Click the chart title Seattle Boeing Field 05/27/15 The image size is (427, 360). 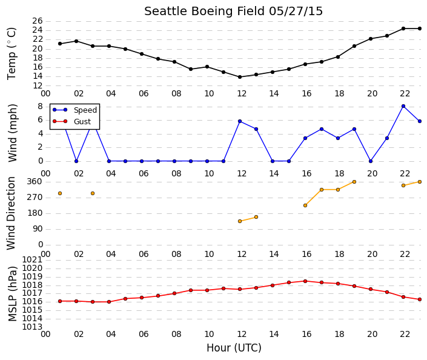click(x=233, y=12)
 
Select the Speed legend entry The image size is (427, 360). click(x=74, y=110)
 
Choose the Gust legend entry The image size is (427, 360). click(x=71, y=121)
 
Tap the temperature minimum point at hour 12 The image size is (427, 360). click(x=240, y=77)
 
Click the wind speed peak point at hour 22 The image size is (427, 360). click(x=403, y=106)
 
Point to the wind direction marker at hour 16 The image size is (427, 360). click(x=305, y=205)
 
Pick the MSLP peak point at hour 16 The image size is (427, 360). click(x=305, y=281)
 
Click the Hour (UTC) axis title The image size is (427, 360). click(x=234, y=348)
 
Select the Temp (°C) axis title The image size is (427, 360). click(x=12, y=54)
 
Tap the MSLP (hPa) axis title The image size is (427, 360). click(x=13, y=294)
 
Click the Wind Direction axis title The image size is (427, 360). click(x=11, y=213)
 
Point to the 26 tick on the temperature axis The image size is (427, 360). click(x=38, y=21)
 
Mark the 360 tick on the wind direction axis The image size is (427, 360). click(x=35, y=182)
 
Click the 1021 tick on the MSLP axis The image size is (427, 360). click(x=33, y=259)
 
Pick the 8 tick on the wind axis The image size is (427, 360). click(x=41, y=106)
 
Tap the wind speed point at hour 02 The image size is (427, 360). click(x=76, y=161)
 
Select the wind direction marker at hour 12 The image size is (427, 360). click(x=240, y=221)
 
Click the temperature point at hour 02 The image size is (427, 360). click(x=76, y=41)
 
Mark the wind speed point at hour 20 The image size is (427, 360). click(x=371, y=161)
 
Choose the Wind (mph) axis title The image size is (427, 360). click(x=13, y=133)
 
